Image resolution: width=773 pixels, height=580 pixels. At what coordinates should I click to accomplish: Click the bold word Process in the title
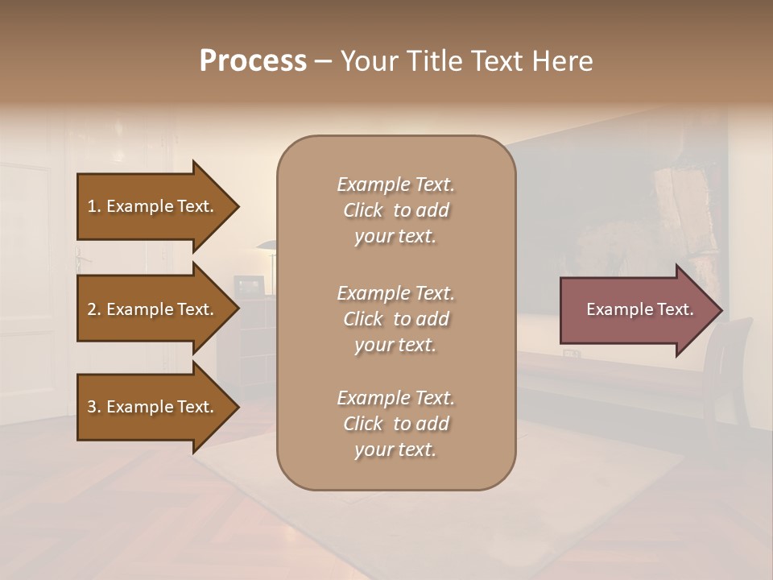pos(253,61)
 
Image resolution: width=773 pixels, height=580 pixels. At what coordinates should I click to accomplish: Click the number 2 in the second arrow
pos(92,309)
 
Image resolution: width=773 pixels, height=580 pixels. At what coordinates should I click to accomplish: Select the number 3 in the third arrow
pos(92,407)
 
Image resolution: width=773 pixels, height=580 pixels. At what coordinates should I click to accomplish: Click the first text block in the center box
pos(395,210)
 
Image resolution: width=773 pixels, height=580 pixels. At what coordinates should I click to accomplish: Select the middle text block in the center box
pos(395,318)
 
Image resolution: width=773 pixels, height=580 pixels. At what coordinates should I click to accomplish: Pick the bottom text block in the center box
pos(395,424)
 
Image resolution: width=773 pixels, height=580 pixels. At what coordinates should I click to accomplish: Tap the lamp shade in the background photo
pos(269,246)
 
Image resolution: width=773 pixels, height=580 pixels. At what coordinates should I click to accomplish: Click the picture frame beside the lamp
pos(248,285)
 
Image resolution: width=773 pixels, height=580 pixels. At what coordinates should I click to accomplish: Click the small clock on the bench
pos(571,353)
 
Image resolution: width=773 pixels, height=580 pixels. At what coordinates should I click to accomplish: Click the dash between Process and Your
pos(323,62)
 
